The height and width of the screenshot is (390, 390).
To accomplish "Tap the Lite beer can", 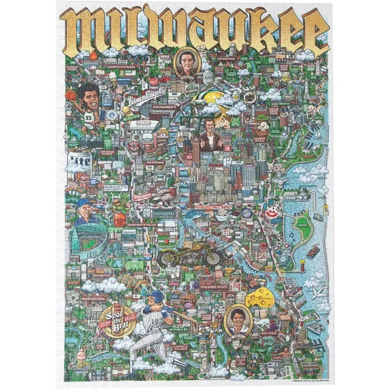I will [x=80, y=161].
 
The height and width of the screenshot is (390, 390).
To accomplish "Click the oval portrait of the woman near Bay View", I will [x=239, y=319].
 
